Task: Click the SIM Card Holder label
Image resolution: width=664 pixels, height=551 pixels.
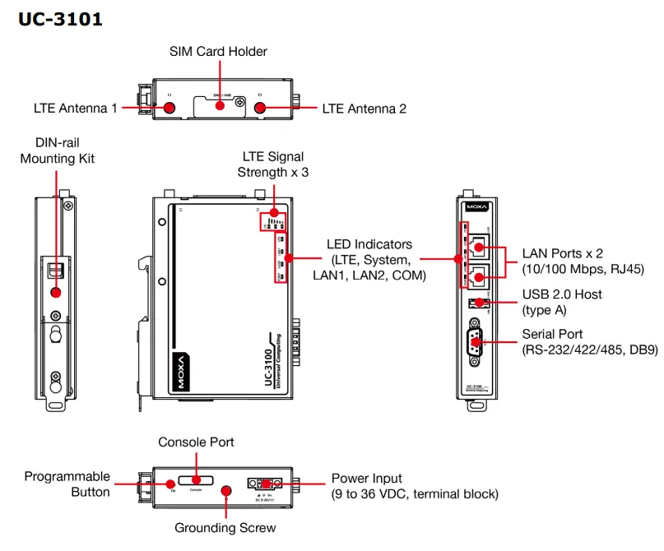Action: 218,51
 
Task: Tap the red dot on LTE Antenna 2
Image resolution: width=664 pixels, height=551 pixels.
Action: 260,108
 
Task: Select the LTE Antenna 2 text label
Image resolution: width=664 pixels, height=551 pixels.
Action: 364,109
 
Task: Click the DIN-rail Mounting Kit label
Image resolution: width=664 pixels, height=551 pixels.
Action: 58,150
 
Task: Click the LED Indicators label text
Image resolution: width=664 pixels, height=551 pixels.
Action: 369,260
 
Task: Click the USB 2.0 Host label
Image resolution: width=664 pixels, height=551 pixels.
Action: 562,302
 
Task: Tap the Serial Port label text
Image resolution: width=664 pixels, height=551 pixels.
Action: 589,342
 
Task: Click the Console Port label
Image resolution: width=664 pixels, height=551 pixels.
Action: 196,442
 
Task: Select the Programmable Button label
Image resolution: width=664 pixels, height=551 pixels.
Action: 67,484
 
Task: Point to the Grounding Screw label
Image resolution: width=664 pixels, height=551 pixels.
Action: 225,527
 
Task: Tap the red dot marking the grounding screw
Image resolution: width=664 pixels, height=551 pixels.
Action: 226,491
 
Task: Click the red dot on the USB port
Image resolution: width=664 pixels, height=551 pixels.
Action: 479,302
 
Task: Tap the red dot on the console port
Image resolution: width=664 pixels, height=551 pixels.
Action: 197,480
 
